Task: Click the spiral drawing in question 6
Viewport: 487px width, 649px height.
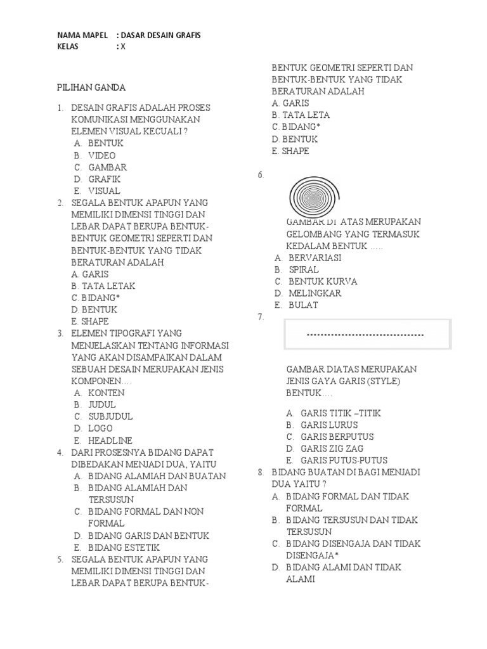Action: coord(314,196)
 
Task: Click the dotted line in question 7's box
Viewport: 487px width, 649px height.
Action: coord(365,335)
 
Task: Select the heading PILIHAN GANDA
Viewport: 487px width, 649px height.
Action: coord(91,87)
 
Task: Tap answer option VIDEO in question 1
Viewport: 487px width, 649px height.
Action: coord(101,155)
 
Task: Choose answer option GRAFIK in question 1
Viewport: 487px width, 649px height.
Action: coord(104,179)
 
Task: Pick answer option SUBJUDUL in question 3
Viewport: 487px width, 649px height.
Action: coord(110,416)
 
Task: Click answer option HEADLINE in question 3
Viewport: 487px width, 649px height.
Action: coord(110,440)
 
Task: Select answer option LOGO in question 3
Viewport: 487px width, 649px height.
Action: coord(100,428)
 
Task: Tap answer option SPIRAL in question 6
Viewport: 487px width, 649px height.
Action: coord(304,269)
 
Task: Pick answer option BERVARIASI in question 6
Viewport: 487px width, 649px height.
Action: coord(315,258)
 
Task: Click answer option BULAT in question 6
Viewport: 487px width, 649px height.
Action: coord(303,305)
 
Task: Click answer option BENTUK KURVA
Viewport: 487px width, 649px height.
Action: coord(323,281)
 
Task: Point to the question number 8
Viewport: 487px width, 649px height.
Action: coord(261,473)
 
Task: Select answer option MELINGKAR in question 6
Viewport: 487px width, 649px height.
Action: coord(315,293)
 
